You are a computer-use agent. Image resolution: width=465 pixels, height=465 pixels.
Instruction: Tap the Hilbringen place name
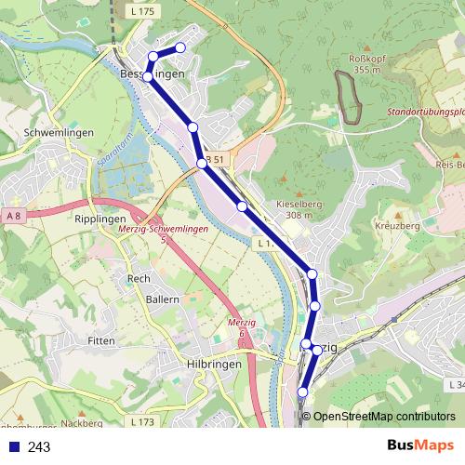pos(214,365)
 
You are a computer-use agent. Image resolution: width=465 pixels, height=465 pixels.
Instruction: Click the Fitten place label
pos(100,341)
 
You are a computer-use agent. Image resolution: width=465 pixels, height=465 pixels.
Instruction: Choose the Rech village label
pos(139,278)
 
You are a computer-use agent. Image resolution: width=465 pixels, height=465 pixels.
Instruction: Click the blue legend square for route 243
pos(13,447)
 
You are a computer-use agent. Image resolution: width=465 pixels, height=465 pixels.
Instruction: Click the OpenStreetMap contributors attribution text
pos(384,417)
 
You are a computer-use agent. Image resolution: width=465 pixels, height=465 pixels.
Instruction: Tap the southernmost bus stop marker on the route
pos(302,392)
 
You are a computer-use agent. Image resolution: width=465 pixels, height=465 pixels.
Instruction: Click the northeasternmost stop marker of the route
pos(180,47)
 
